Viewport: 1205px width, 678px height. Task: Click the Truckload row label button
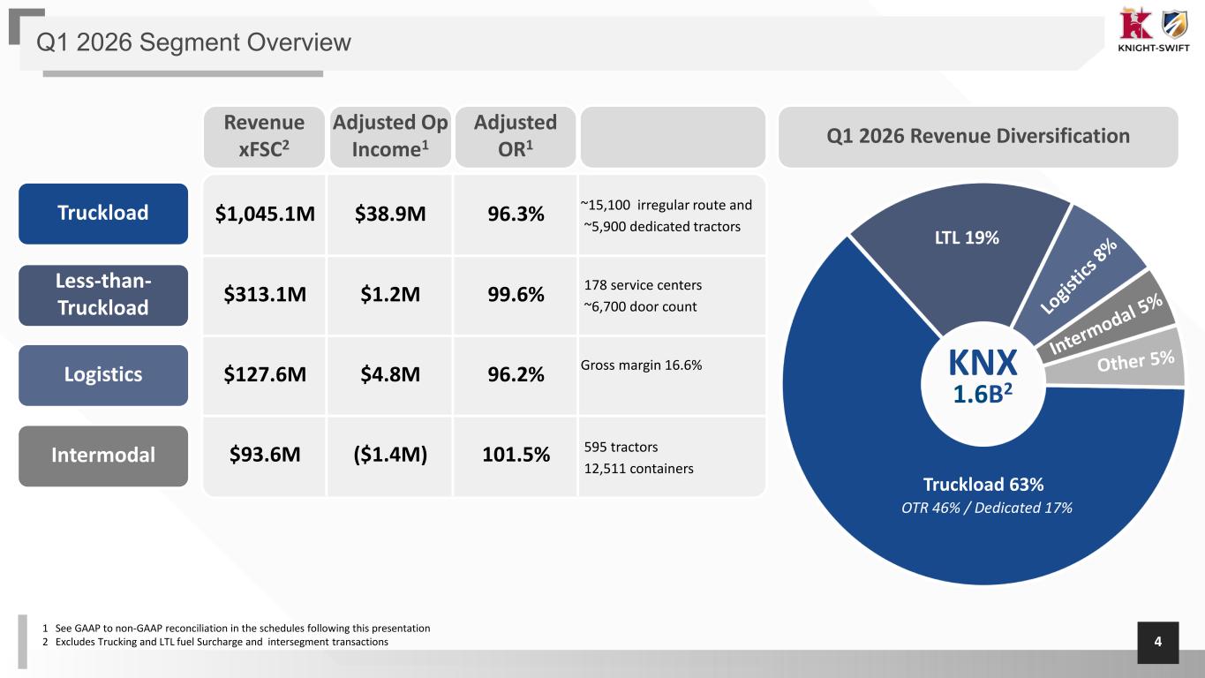coord(103,214)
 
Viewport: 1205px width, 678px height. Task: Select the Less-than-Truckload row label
coord(103,295)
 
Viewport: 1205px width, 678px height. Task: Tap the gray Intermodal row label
coord(103,456)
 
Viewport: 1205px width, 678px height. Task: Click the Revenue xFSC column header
coord(264,137)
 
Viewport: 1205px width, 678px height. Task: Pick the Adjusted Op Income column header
coord(390,137)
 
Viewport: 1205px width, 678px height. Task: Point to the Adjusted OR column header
coord(516,137)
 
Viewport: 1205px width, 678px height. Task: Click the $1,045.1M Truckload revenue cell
coord(265,215)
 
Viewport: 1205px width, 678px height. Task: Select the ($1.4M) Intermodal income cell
coord(390,455)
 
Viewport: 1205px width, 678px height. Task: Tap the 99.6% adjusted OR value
coord(516,295)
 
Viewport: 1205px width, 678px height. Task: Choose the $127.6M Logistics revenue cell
coord(265,374)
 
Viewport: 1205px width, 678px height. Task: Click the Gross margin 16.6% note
coord(641,365)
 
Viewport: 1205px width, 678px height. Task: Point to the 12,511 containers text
coord(638,469)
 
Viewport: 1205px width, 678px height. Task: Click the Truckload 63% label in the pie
coord(983,485)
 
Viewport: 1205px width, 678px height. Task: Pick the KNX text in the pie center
coord(983,363)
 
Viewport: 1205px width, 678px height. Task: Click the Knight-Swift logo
coord(1153,30)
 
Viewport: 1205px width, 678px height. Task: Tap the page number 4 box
coord(1157,643)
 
